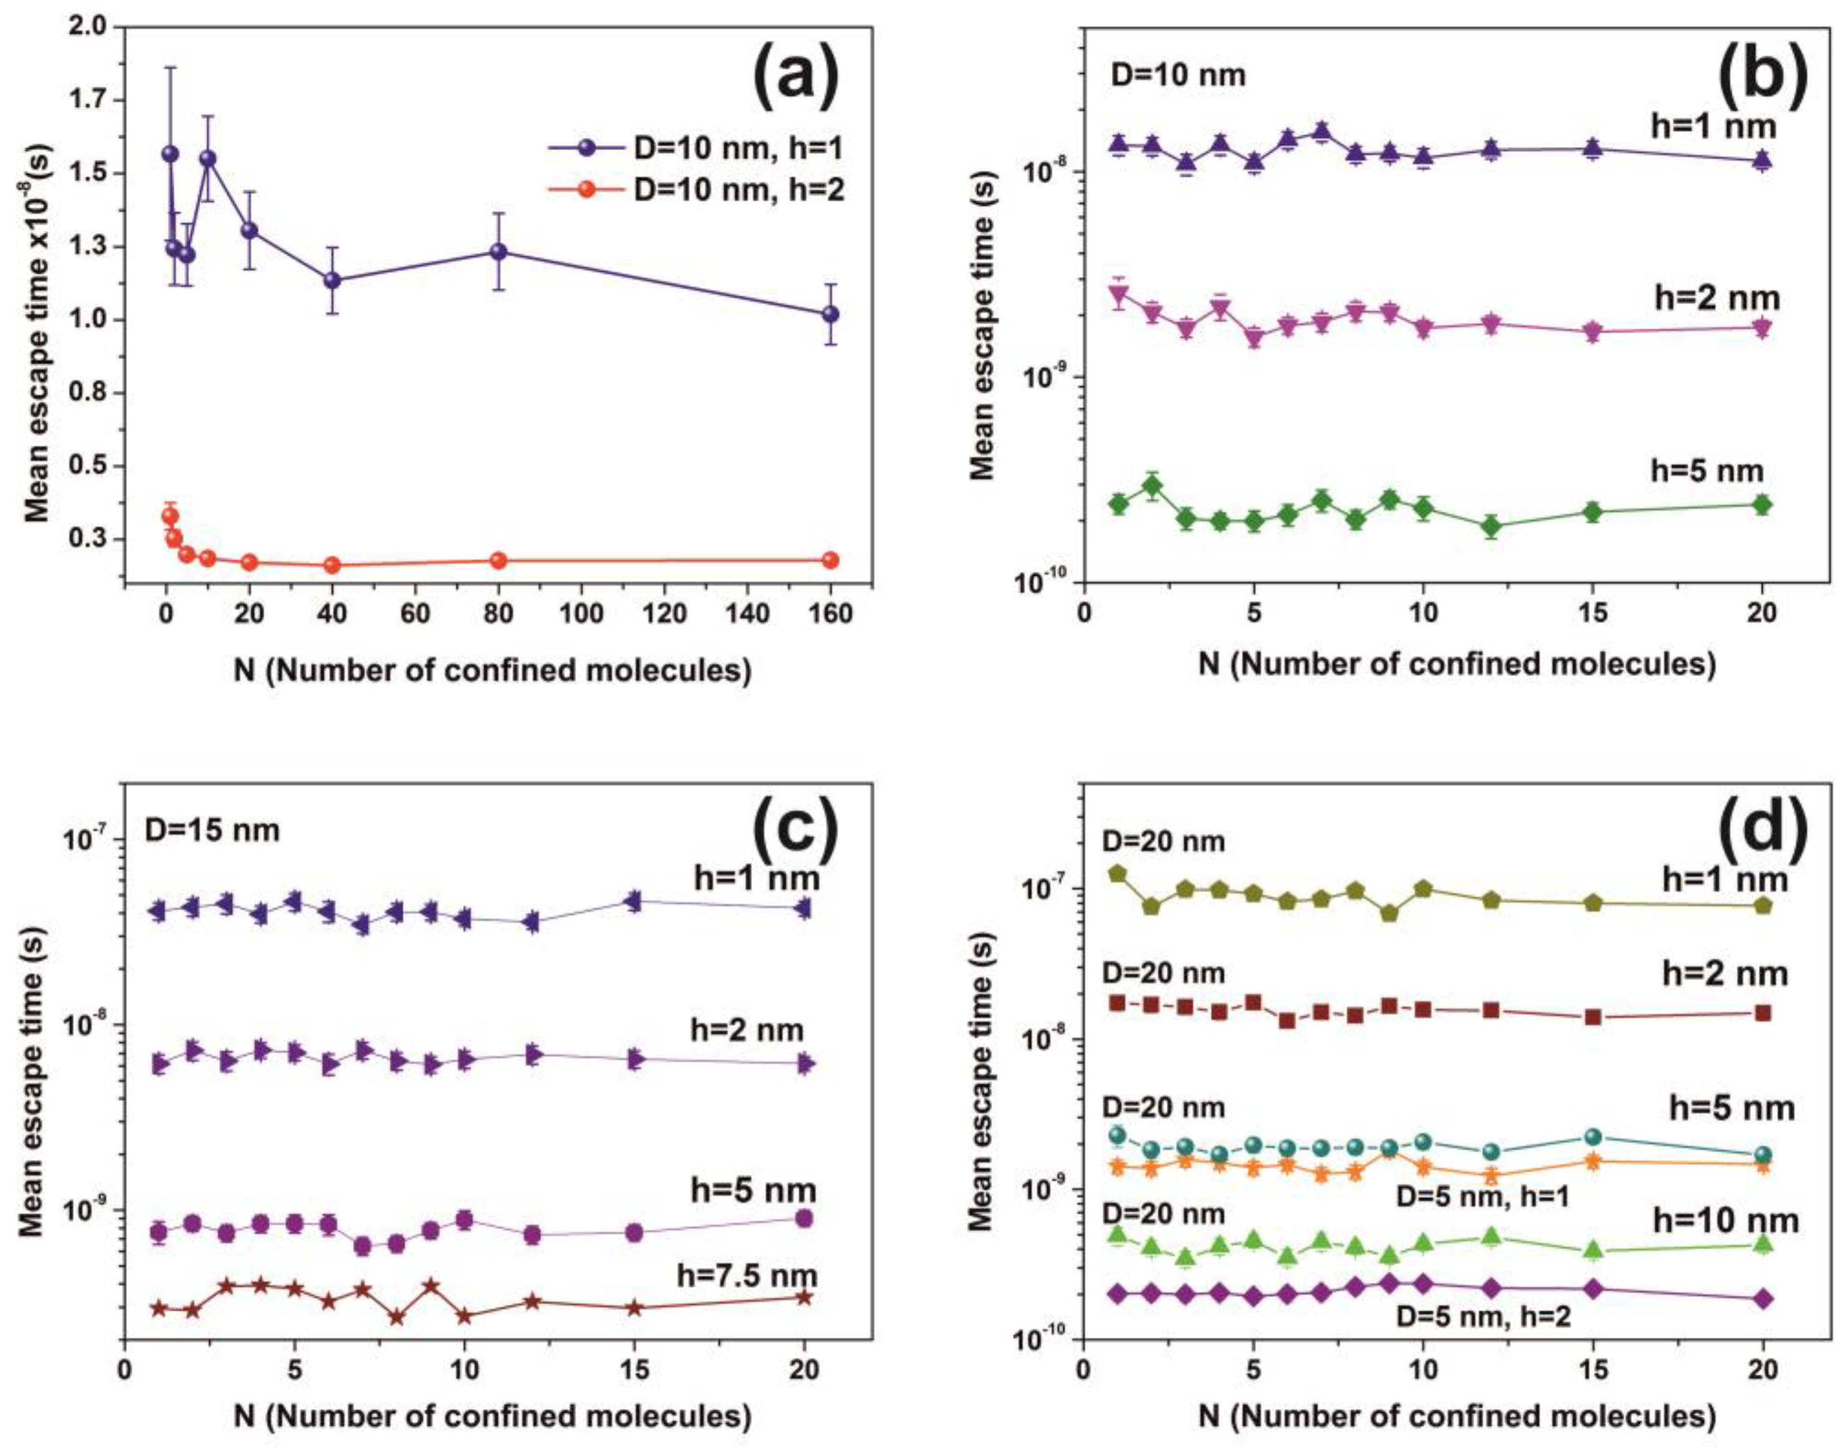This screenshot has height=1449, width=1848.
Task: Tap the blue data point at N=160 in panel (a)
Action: click(x=831, y=314)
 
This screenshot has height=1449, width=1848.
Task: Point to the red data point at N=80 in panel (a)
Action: click(x=499, y=560)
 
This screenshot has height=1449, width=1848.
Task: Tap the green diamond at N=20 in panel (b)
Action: click(x=1763, y=505)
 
